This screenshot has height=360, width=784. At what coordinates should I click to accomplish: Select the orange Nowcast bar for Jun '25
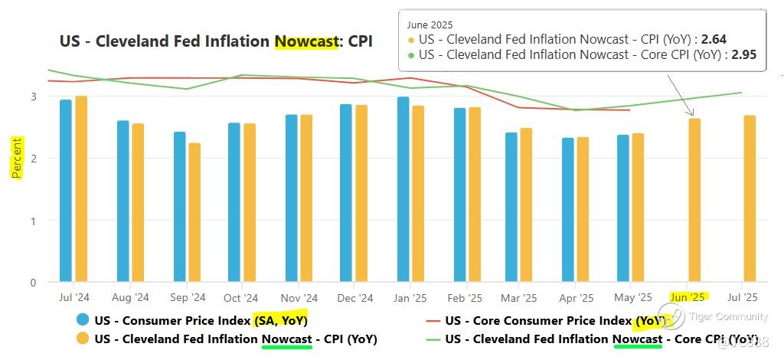coord(694,200)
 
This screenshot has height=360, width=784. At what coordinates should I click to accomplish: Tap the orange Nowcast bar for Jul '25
coord(750,198)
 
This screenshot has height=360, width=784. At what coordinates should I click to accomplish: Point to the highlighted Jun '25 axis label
coord(688,297)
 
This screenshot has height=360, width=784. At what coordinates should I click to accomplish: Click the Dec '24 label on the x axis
coord(354,298)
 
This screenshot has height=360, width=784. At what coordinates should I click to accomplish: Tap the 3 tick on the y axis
coord(34,97)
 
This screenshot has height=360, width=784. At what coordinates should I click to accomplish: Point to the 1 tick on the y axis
coord(34,221)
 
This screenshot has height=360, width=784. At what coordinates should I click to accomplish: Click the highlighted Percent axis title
coord(16,158)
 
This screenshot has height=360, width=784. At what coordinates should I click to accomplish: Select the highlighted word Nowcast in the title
coord(305,41)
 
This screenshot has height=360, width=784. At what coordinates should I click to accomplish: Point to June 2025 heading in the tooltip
coord(430,25)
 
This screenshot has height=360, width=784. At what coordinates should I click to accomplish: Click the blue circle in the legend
coord(82,320)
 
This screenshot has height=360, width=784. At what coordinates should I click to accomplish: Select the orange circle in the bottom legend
coord(82,339)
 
